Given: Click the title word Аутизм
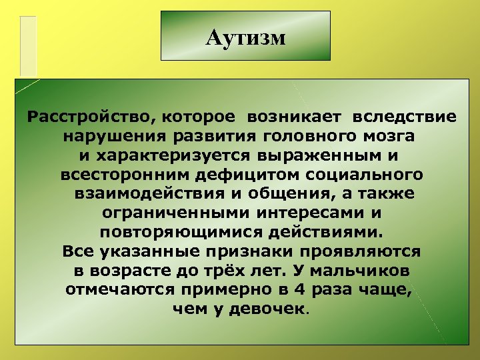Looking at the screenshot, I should tap(245, 37).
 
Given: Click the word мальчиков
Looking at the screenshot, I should tap(356, 272).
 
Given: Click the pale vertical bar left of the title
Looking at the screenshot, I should tap(28, 45).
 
